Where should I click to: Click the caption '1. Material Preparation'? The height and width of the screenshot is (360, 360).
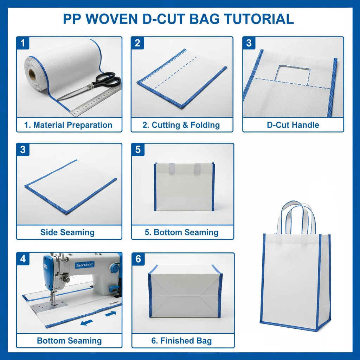pos(69,125)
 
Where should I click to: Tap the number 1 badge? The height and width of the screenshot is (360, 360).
pos(23,43)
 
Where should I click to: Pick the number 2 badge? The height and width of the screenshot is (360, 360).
pos(137,43)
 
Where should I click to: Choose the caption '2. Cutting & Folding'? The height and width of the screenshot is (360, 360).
pos(182,125)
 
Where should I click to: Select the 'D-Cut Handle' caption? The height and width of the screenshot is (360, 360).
pos(293,125)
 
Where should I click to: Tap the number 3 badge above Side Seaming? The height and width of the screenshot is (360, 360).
pos(23,150)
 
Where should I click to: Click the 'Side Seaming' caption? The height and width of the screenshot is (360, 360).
pos(67,232)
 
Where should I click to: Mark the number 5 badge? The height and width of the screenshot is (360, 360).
pos(137,150)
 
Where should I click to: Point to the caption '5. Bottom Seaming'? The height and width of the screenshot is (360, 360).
pos(182,232)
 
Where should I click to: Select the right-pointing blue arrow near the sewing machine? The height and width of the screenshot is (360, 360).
pos(110,313)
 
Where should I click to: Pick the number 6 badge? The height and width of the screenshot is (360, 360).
pos(138,259)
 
